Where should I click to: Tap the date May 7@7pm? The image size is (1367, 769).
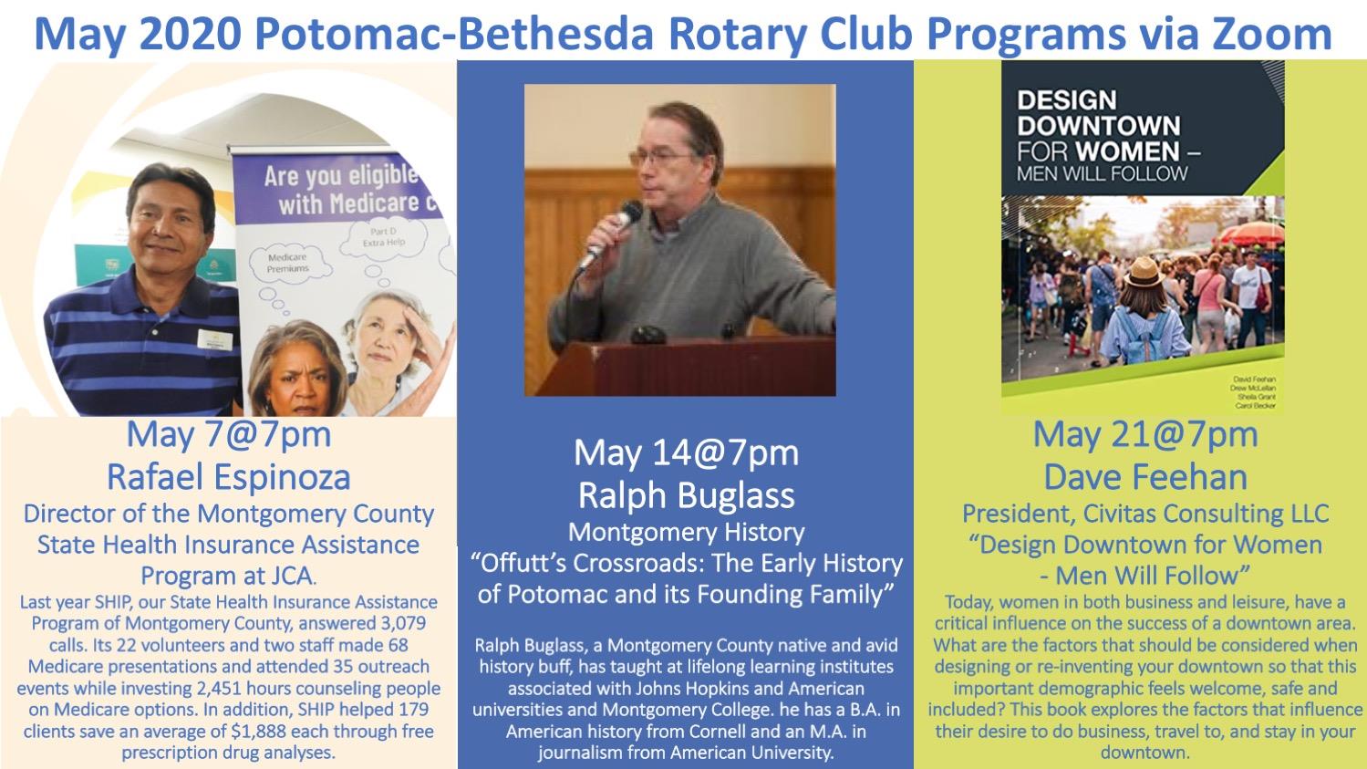point(228,434)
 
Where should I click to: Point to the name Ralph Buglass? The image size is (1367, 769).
point(686,494)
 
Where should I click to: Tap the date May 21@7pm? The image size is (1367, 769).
point(1144,434)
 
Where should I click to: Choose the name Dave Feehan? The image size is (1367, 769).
point(1144,476)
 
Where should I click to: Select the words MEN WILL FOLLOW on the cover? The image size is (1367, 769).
point(1103,172)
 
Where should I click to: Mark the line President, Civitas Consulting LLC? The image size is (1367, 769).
point(1144,514)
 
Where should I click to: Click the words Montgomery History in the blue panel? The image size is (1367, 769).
point(686,532)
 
